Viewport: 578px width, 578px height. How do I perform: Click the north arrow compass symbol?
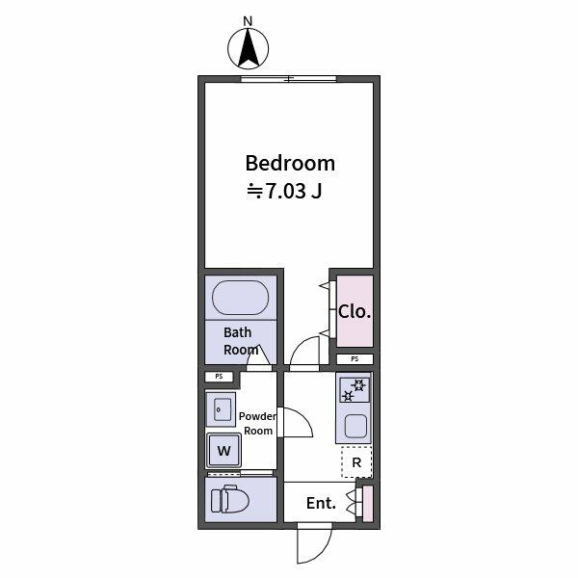248,49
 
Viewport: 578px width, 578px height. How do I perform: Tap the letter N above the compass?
248,20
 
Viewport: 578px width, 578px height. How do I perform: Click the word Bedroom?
289,163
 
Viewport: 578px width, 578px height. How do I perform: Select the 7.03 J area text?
285,191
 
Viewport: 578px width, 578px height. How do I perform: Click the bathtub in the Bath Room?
241,298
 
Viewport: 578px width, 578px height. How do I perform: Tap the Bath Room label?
241,341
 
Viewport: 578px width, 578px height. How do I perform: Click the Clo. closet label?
354,312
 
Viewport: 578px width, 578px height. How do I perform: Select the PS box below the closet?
355,359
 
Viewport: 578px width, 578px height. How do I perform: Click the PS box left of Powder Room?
219,377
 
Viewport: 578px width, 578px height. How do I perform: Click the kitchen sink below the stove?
355,425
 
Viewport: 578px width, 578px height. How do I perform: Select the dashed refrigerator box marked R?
356,462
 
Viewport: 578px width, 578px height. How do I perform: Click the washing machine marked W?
223,450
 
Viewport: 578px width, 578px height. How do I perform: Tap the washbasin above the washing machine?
221,409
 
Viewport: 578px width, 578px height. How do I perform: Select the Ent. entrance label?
321,503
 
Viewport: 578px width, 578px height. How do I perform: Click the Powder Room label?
257,423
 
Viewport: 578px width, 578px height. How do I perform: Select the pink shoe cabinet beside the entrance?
367,503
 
